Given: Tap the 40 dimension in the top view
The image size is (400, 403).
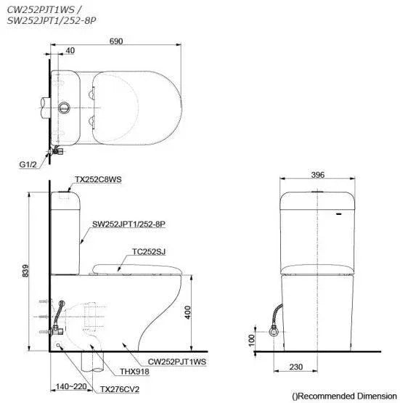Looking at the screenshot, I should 69,50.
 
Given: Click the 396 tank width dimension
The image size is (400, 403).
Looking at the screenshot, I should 318,175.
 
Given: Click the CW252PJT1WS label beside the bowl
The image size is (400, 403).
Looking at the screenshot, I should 178,360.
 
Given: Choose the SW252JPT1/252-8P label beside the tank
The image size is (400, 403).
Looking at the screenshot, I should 129,225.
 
